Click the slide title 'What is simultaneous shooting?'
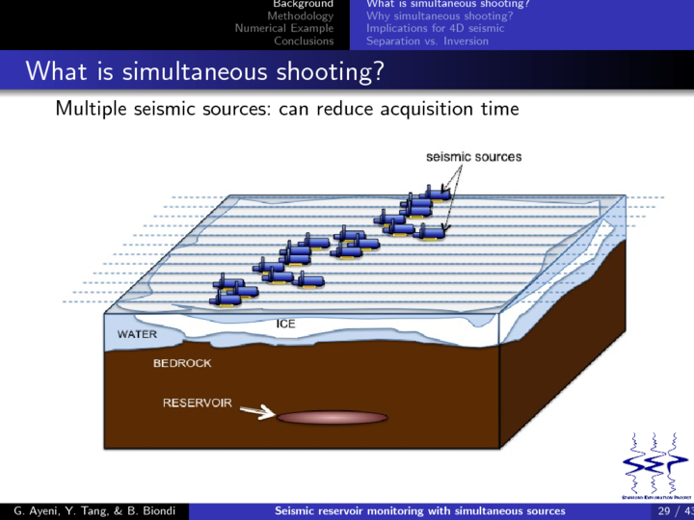[x=203, y=71]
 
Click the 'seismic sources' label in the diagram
[x=473, y=156]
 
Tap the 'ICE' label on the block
[x=285, y=325]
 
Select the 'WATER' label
[x=138, y=334]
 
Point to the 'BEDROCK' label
[x=182, y=363]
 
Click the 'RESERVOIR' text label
[x=197, y=403]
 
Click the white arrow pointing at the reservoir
[x=256, y=413]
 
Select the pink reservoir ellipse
[x=332, y=417]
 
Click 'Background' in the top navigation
[x=303, y=5]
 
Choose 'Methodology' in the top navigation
[x=300, y=16]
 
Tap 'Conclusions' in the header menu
[x=304, y=40]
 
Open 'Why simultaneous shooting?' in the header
[x=439, y=16]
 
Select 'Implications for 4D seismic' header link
[x=435, y=28]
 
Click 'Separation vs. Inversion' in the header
[x=427, y=40]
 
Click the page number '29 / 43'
[x=673, y=510]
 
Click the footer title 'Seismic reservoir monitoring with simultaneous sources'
[x=420, y=510]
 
